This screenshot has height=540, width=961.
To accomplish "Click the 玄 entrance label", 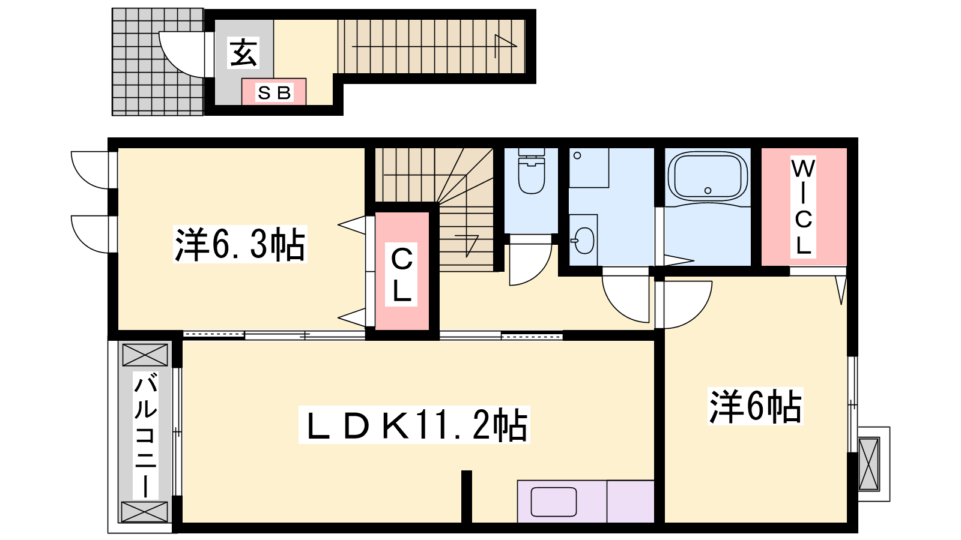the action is pos(244,53).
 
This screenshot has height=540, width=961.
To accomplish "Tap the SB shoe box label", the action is pos(274,92).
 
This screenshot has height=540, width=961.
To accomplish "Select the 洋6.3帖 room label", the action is pos(240,244).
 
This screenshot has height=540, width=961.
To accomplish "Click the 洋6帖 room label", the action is pos(755,406).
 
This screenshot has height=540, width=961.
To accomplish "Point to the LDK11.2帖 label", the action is pos(414,425).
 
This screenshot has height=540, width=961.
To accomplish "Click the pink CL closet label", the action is pos(402,274).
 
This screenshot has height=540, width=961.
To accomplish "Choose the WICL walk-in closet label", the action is pos(803,207).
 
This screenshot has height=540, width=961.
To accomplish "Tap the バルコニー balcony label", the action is pos(145,435).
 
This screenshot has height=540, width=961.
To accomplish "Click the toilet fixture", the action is pos(532,171).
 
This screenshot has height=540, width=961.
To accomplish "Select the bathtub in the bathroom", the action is pos(708,176).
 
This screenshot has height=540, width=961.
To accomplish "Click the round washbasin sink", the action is pos(583,241).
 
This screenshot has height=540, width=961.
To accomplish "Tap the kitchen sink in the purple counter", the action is pos(553,502).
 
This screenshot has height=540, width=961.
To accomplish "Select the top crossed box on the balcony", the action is pos(145,355).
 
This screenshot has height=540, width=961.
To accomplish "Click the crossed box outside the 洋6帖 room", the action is pos(869,464).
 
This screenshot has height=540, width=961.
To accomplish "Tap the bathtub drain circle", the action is pos(708,190).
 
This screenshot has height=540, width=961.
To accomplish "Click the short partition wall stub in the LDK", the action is pos(466,497).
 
